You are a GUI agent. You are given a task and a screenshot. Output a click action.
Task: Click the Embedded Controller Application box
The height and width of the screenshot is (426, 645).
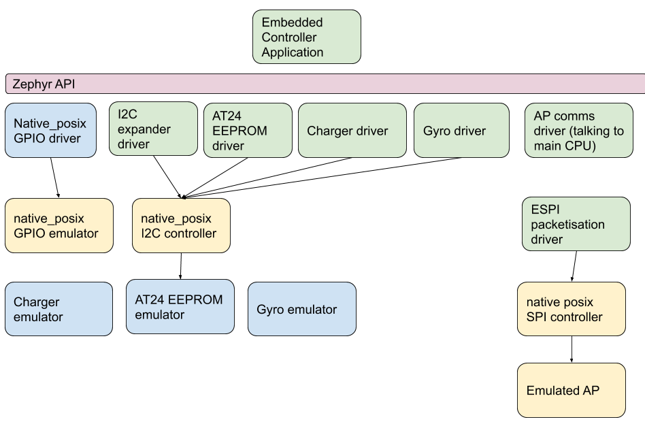(306, 37)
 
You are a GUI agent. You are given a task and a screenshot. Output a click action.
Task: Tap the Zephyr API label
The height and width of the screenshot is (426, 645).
(44, 84)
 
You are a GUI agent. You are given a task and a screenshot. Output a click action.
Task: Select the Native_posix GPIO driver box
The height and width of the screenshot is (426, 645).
(51, 131)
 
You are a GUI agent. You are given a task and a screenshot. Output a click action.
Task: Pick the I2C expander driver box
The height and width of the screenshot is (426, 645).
(153, 129)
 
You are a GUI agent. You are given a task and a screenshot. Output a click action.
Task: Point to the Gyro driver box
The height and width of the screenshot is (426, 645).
(461, 131)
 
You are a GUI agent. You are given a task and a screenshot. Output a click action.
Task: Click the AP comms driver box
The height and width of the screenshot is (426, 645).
(578, 131)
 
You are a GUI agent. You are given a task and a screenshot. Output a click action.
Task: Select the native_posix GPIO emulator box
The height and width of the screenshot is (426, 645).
(59, 226)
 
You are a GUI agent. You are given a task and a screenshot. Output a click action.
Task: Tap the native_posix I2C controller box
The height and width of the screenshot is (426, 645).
(181, 226)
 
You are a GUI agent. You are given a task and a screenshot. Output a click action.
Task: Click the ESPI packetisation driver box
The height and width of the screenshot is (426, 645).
(576, 224)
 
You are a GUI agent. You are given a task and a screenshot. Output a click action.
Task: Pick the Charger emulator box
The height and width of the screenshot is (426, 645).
(59, 309)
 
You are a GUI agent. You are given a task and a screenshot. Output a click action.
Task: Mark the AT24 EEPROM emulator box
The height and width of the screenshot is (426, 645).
(180, 307)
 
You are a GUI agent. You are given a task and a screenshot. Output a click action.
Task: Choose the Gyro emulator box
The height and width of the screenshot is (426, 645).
(301, 310)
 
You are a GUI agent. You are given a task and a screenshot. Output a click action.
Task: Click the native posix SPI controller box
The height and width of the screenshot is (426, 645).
(571, 309)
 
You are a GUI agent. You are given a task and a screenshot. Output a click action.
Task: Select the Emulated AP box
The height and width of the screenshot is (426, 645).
(571, 391)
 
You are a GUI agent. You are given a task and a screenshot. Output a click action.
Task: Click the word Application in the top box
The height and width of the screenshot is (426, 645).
(293, 52)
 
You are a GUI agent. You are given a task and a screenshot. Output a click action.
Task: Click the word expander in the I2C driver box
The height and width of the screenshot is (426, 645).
(144, 129)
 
